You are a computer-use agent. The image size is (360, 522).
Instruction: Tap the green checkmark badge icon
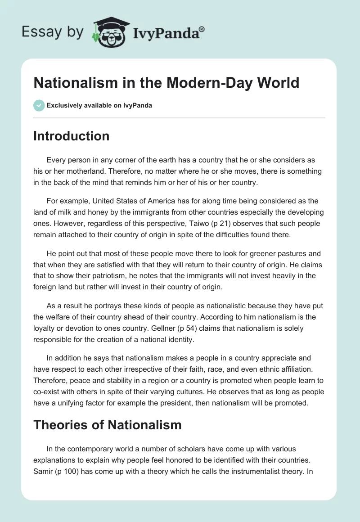[x=39, y=105]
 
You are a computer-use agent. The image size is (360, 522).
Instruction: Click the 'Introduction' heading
[x=71, y=136]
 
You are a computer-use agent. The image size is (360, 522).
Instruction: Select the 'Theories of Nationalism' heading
[x=107, y=424]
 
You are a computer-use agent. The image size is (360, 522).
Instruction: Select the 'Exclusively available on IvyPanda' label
[x=99, y=105]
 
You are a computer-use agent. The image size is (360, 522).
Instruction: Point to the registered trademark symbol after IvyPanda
[x=202, y=29]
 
